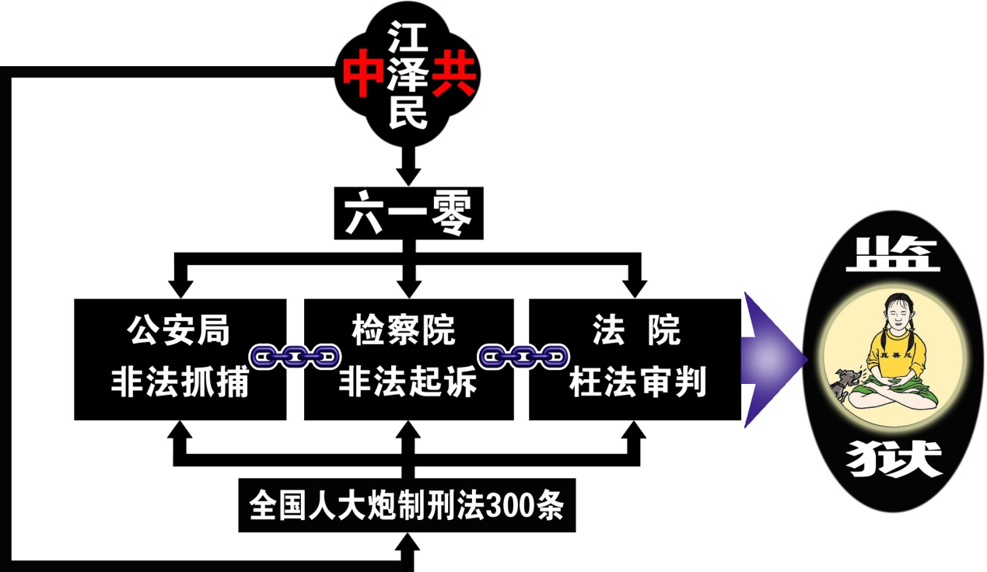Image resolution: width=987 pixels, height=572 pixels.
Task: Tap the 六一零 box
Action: pyautogui.click(x=408, y=213)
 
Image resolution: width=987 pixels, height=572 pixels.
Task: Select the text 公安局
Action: pyautogui.click(x=179, y=330)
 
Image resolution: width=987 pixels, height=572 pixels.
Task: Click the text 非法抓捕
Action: pyautogui.click(x=179, y=382)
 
